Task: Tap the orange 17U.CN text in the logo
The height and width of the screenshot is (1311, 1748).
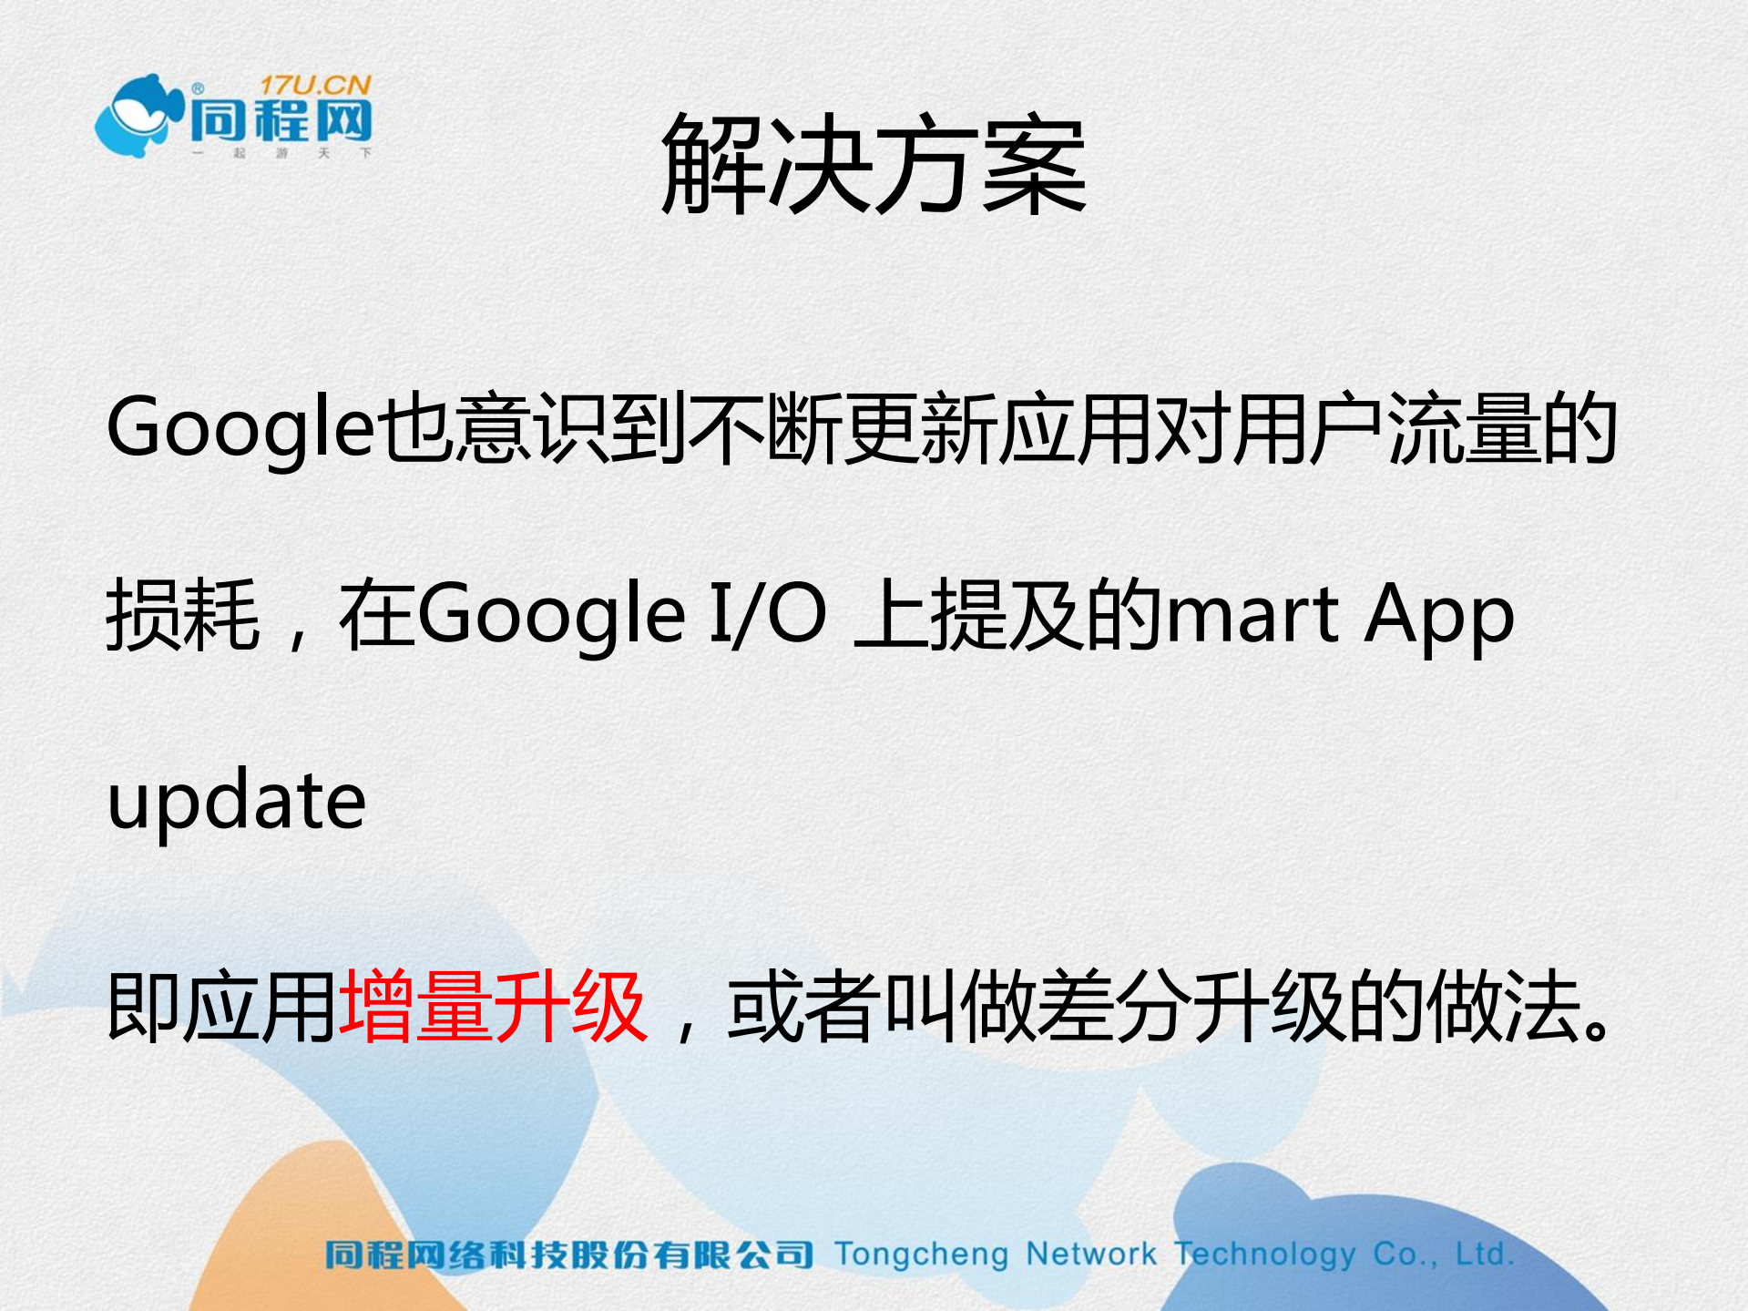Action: [x=316, y=86]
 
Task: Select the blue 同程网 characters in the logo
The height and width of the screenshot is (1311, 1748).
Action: [x=281, y=121]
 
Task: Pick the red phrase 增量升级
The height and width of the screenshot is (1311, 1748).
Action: [x=493, y=1007]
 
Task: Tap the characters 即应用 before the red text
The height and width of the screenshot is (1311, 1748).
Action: [x=221, y=1007]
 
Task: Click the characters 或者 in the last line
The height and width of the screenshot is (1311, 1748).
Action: [x=803, y=1007]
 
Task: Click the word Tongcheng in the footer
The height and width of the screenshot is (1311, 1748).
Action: [x=921, y=1255]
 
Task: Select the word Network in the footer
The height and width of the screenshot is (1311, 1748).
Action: [x=1090, y=1255]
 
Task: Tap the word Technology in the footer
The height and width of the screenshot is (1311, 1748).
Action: [x=1264, y=1255]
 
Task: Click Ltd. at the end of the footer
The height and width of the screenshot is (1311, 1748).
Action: [x=1484, y=1255]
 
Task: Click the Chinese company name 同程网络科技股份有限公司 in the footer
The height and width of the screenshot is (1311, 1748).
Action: [x=568, y=1255]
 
